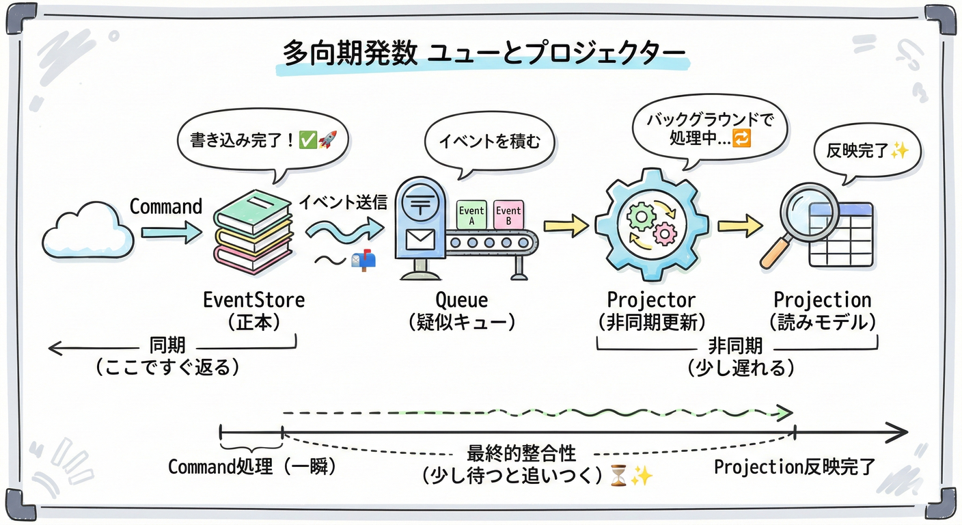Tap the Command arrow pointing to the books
171,233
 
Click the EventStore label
253,299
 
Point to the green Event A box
471,215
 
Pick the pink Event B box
508,215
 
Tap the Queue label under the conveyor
462,299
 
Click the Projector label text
651,299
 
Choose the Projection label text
822,299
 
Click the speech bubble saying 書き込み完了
263,141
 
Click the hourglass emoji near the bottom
618,476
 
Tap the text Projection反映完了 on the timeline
794,468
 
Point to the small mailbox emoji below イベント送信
363,260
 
